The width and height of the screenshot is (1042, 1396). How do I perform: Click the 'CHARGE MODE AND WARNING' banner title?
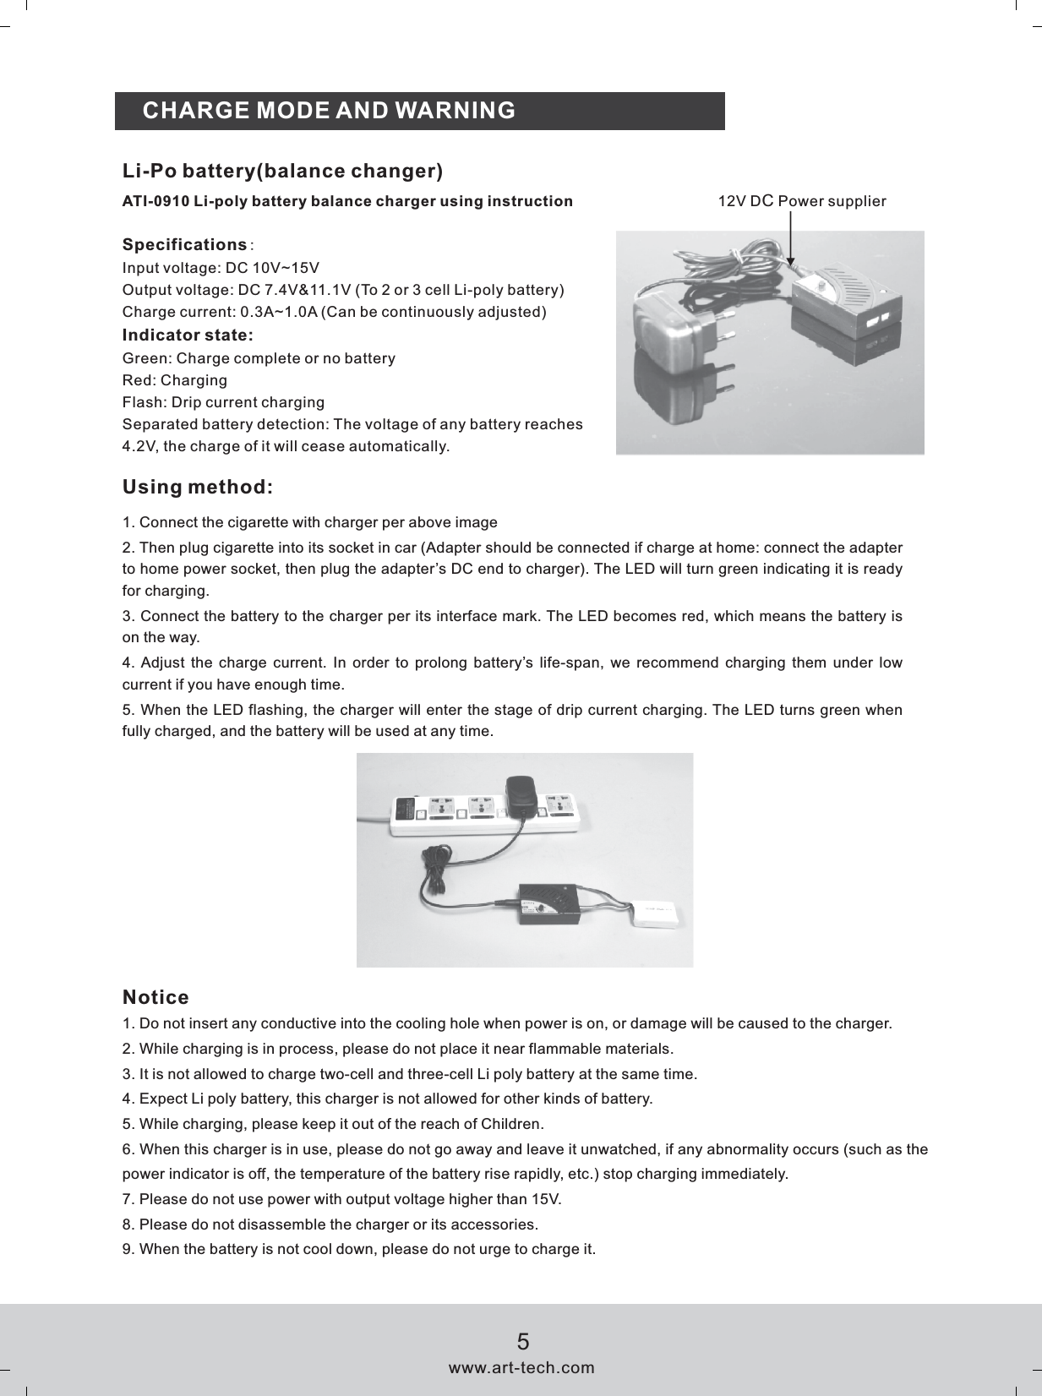pyautogui.click(x=329, y=111)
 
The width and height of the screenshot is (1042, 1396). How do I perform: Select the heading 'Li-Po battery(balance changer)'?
pyautogui.click(x=282, y=172)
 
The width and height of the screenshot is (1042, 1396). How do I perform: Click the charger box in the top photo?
pyautogui.click(x=845, y=313)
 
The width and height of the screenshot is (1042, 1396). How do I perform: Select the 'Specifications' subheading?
pyautogui.click(x=184, y=245)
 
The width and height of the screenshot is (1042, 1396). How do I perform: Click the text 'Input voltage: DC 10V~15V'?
pyautogui.click(x=221, y=269)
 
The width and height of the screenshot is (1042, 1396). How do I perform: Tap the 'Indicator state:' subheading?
pyautogui.click(x=188, y=335)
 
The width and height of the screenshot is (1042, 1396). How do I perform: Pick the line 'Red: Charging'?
pyautogui.click(x=174, y=380)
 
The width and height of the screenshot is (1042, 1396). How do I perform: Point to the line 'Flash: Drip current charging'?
pyautogui.click(x=223, y=402)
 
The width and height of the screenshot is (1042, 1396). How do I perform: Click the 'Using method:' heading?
pyautogui.click(x=198, y=488)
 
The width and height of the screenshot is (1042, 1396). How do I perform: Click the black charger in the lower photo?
pyautogui.click(x=549, y=902)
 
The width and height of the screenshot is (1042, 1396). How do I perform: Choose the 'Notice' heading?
pyautogui.click(x=155, y=998)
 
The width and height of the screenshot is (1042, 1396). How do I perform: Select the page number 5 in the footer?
pyautogui.click(x=523, y=1342)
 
